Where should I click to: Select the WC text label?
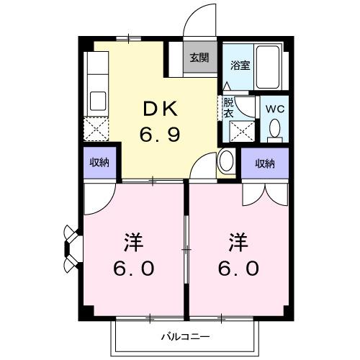(274, 108)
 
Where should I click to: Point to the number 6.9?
(161, 134)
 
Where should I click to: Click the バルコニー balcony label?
(185, 336)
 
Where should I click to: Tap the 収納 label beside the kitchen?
(99, 163)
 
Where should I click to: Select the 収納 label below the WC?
(266, 163)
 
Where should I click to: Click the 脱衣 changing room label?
(228, 108)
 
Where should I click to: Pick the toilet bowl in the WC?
(274, 129)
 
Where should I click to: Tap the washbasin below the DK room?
(225, 161)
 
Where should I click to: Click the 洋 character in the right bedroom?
(239, 240)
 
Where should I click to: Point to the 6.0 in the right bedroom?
(239, 268)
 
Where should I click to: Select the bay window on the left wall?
(70, 248)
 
